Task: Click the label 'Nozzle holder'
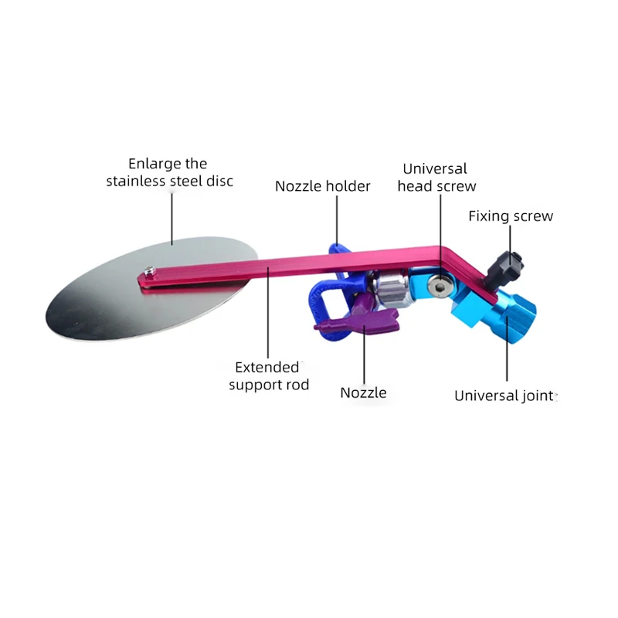coord(323,186)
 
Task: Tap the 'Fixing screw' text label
coord(511,216)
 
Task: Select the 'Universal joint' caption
coord(504,396)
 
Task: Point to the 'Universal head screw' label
coord(436,177)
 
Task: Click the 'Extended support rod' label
coord(269,375)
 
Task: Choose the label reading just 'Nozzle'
coord(363,392)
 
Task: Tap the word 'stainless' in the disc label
coord(137,182)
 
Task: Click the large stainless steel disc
coord(100,294)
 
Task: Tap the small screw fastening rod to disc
coord(149,270)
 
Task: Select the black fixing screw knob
coord(509,265)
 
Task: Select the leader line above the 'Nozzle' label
coord(364,355)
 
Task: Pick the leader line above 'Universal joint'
coord(508,359)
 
